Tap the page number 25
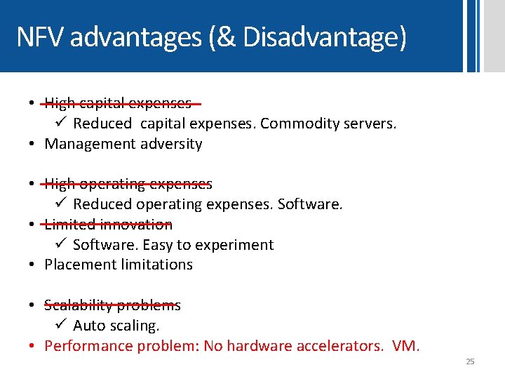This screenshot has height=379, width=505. click(x=470, y=361)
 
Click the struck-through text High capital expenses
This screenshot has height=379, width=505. click(x=118, y=104)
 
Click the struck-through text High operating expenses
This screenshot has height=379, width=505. click(x=128, y=185)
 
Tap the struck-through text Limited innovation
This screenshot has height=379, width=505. click(x=108, y=225)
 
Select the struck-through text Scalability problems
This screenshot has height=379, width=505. click(x=112, y=305)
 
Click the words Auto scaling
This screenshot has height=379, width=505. click(x=116, y=326)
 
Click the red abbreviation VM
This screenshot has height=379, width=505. click(x=406, y=346)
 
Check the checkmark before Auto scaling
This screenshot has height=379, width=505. click(x=61, y=326)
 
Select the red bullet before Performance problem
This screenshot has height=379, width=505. click(x=33, y=346)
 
